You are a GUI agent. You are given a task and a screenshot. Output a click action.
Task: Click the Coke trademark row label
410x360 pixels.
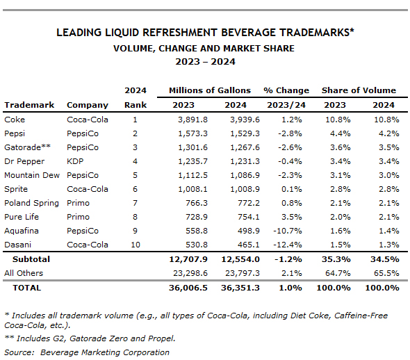point(15,120)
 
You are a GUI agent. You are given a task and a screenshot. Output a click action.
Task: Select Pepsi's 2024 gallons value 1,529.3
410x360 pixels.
point(245,133)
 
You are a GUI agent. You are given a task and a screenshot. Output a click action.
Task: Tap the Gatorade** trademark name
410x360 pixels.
point(27,147)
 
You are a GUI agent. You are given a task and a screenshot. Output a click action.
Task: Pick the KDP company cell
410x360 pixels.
point(75,161)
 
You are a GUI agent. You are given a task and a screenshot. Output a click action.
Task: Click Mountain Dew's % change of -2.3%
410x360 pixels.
point(290,175)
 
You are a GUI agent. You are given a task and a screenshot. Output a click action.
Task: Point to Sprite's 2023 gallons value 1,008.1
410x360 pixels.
point(192,189)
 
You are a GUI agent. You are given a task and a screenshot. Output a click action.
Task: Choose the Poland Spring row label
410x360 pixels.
point(32,203)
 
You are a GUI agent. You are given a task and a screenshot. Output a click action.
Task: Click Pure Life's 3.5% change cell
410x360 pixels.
point(292,217)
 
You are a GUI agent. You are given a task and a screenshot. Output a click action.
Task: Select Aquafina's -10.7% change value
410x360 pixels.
point(288,231)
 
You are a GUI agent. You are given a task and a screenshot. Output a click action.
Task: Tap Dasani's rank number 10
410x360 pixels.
point(136,245)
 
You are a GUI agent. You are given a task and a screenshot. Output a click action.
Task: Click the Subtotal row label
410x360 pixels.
point(31,259)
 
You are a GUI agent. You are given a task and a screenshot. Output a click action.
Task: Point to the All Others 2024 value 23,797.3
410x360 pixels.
point(243,273)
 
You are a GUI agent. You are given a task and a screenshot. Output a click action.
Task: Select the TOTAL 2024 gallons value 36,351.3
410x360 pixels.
point(240,288)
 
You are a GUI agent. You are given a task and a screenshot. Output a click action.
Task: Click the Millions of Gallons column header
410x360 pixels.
point(210,90)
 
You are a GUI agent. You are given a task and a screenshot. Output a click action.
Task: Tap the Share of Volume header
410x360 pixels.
point(359,90)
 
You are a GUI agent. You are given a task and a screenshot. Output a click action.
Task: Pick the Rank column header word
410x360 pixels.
point(136,105)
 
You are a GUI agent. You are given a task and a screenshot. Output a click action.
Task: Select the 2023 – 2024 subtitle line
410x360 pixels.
point(205,62)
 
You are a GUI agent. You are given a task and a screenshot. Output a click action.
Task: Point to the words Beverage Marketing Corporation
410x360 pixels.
point(105,352)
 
